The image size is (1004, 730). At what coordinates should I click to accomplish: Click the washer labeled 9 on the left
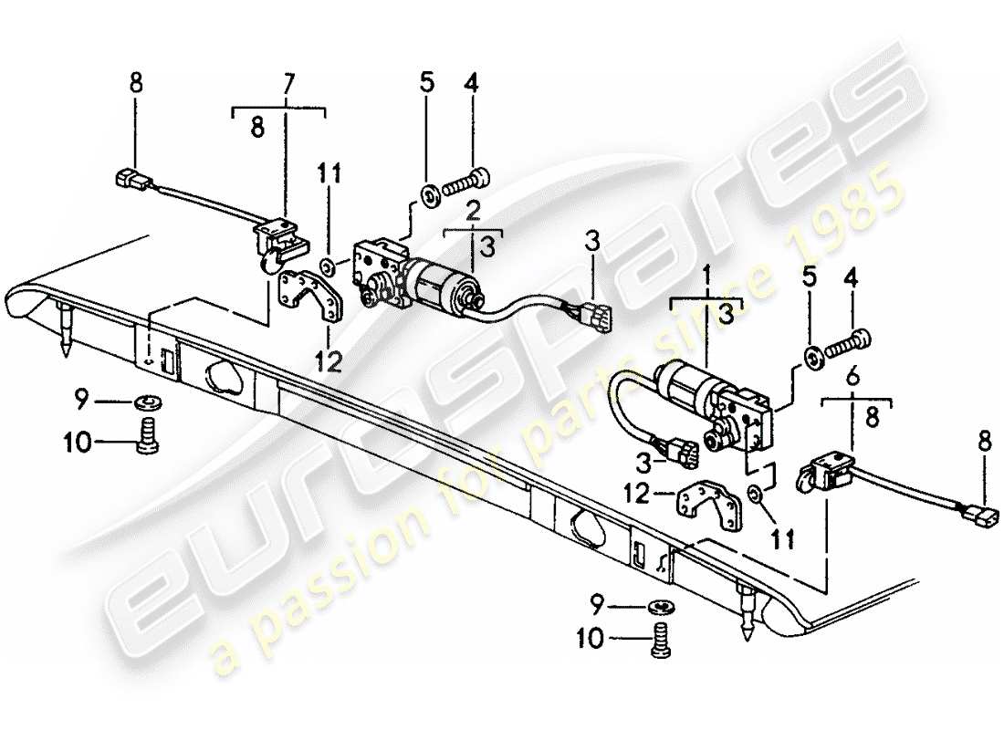(145, 401)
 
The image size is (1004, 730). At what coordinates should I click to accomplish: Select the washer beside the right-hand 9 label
(664, 606)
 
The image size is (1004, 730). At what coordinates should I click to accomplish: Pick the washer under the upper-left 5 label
(427, 193)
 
